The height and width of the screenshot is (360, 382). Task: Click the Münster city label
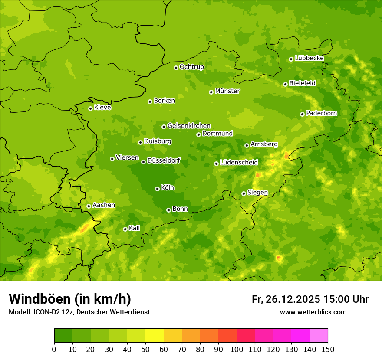coord(227,91)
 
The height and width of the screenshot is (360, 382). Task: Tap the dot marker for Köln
coord(157,189)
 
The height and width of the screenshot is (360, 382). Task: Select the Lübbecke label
coord(309,58)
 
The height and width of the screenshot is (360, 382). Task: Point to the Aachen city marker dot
coord(89,206)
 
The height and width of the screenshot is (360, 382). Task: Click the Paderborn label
coord(321,113)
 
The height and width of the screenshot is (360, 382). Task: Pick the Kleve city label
coord(102,108)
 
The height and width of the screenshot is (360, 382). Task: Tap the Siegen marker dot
coord(244,193)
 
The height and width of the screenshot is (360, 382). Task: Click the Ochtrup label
coord(191,67)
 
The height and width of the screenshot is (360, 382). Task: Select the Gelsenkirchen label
coord(189,126)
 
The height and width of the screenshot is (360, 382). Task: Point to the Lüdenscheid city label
coord(239,163)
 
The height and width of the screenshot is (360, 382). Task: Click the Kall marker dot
coord(125,229)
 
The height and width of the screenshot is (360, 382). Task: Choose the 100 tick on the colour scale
coord(237,349)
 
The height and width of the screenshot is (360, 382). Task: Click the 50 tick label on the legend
coord(145,349)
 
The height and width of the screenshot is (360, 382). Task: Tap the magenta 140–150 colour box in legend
coord(319,335)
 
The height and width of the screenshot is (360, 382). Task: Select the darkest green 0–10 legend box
coord(63,335)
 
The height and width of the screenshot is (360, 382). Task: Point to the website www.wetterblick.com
coord(313,312)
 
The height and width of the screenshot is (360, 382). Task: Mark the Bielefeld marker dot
coord(285,84)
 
